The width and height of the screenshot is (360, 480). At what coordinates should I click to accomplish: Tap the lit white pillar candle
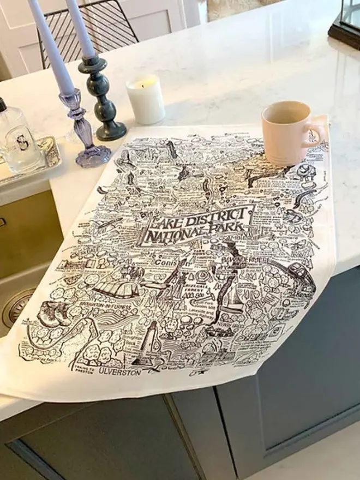pos(146,101)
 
